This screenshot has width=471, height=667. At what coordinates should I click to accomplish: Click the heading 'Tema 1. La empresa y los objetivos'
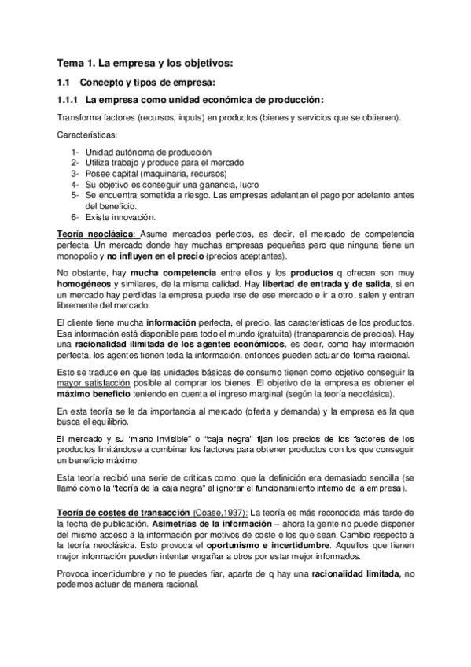pyautogui.click(x=145, y=62)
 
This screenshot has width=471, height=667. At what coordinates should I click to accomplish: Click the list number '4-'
pyautogui.click(x=75, y=184)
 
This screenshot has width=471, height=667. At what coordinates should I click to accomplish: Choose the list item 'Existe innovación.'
pyautogui.click(x=120, y=216)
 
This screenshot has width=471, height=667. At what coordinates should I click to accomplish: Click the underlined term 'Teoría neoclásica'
pyautogui.click(x=97, y=235)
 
